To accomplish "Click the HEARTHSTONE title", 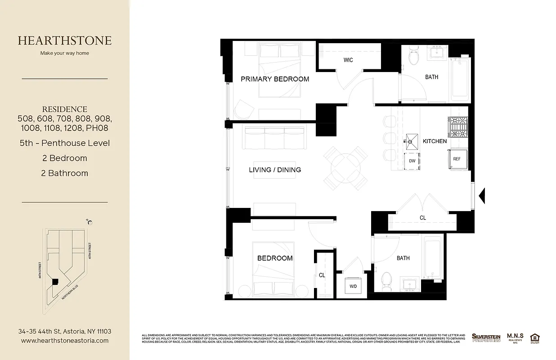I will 65,40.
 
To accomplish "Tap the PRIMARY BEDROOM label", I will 275,79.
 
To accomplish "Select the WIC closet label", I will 348,60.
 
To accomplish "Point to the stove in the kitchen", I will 458,127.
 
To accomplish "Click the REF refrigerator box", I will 457,159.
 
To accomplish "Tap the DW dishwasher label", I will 412,161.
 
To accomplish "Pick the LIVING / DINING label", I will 275,170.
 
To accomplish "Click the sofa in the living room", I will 273,138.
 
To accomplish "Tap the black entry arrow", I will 481,195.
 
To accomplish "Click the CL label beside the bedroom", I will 322,275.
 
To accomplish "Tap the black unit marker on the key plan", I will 55,282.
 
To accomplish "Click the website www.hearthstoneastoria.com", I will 65,341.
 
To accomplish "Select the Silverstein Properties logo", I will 486,337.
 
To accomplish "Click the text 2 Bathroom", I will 65,173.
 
